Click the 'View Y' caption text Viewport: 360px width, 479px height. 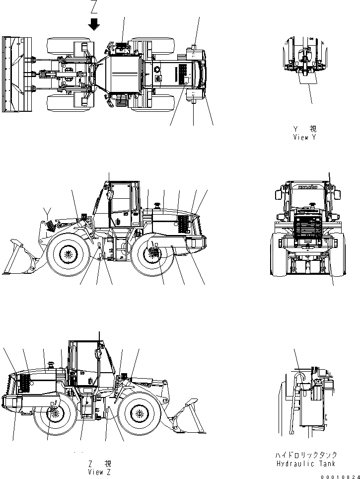tap(304, 137)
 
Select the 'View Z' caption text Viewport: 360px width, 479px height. tap(95, 472)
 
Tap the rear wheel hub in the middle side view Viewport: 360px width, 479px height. tap(152, 253)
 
